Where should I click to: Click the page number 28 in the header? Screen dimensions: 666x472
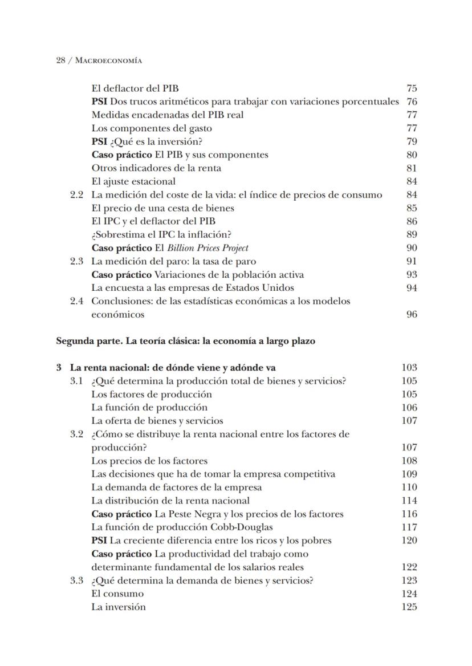point(60,60)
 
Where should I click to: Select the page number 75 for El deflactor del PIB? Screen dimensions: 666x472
point(412,88)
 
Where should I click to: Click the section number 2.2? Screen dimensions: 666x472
point(77,195)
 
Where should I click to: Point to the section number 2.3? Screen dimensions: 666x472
point(77,261)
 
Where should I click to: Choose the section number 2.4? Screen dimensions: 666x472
point(77,301)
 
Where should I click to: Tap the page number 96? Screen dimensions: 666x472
point(412,314)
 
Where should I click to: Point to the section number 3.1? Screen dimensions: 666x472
point(77,381)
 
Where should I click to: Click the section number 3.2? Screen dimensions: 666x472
point(77,434)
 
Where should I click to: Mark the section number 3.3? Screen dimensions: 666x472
point(77,580)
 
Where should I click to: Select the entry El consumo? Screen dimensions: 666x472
point(117,594)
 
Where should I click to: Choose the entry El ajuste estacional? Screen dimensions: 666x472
point(133,181)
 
